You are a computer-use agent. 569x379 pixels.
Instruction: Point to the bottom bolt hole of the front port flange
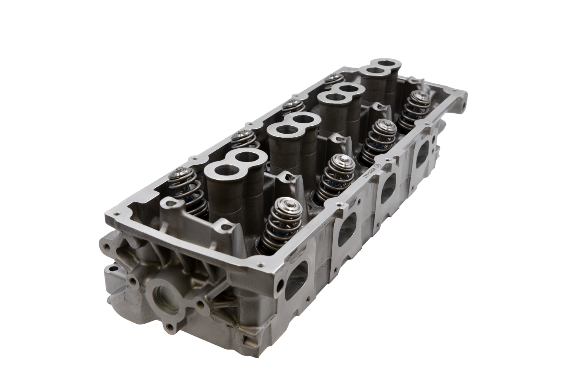[170, 327]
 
